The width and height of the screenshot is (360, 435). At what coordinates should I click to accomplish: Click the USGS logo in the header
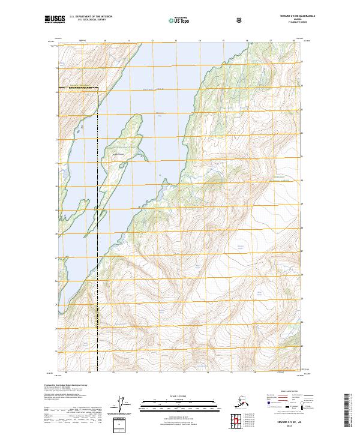[x=55, y=19]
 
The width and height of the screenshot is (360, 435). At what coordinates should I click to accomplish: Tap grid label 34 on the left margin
[x=56, y=92]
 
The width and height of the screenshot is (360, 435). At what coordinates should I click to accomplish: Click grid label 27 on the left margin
[x=56, y=257]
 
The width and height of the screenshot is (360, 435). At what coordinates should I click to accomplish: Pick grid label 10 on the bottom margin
[x=105, y=373]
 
